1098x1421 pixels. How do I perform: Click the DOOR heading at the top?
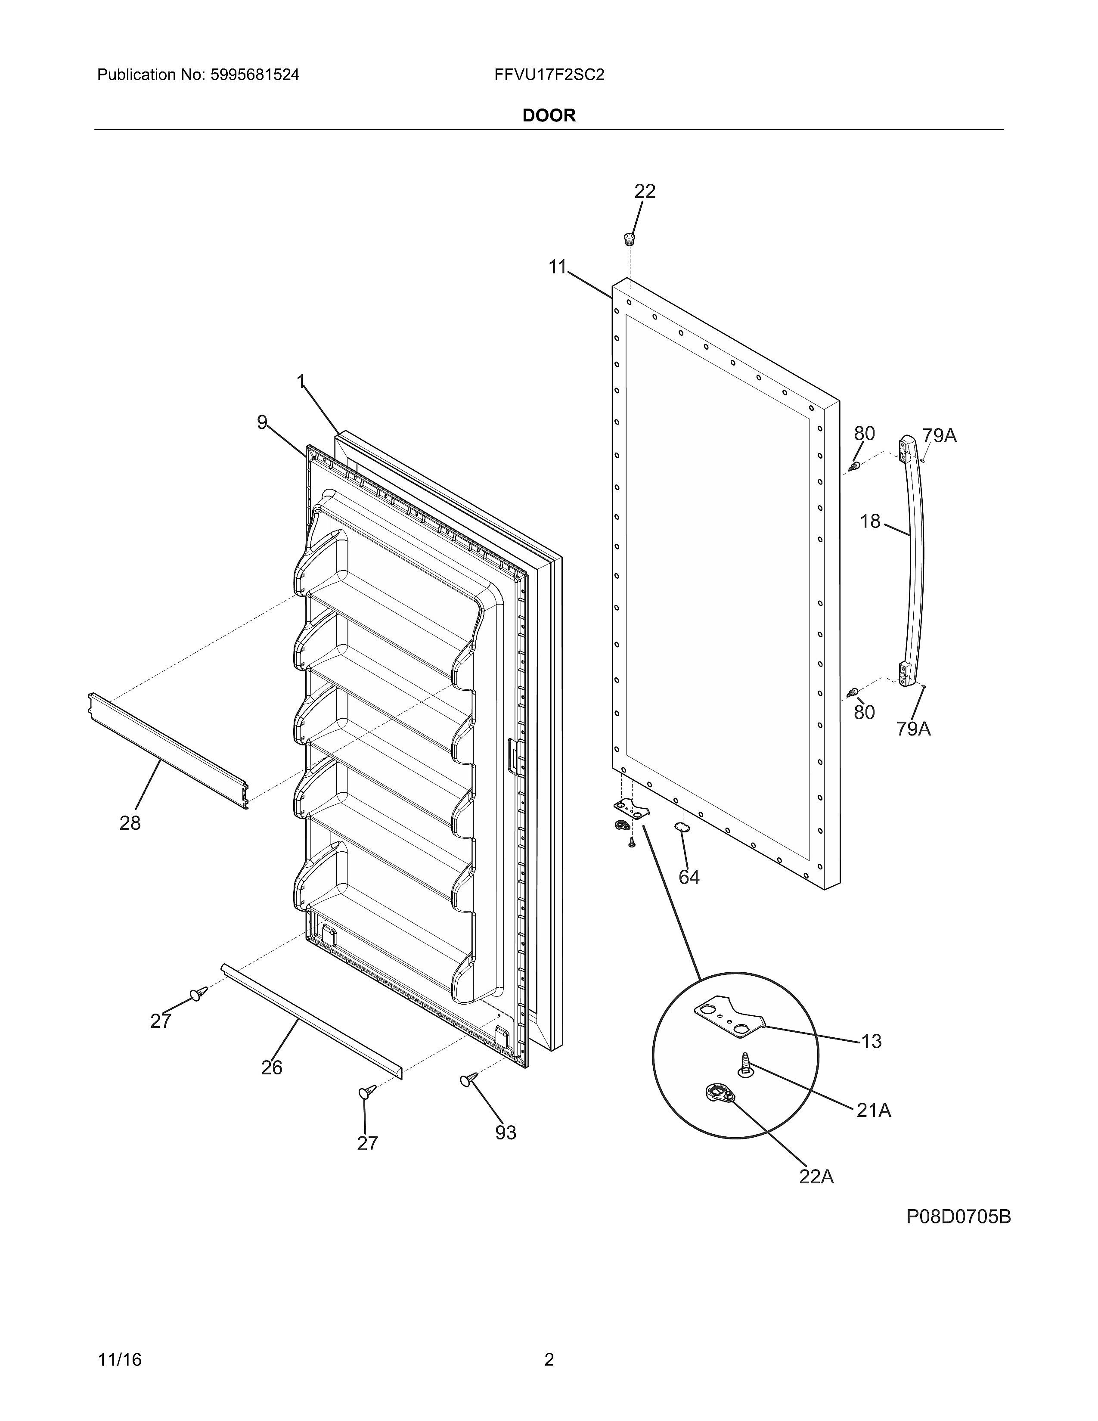[x=548, y=116]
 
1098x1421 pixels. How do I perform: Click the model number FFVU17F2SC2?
[x=548, y=75]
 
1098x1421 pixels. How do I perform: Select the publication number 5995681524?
[x=254, y=75]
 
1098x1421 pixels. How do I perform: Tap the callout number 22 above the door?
[x=645, y=191]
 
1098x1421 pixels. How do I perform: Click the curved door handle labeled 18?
[x=913, y=559]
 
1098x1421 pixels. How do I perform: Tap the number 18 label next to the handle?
[x=870, y=521]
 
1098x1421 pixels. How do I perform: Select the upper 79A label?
[x=939, y=436]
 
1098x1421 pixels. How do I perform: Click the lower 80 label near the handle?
[x=864, y=713]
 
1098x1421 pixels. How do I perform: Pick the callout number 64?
[x=689, y=877]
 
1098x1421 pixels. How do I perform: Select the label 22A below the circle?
[x=816, y=1176]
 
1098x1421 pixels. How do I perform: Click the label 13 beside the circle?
[x=871, y=1041]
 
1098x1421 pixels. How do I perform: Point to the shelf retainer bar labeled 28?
[x=168, y=751]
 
